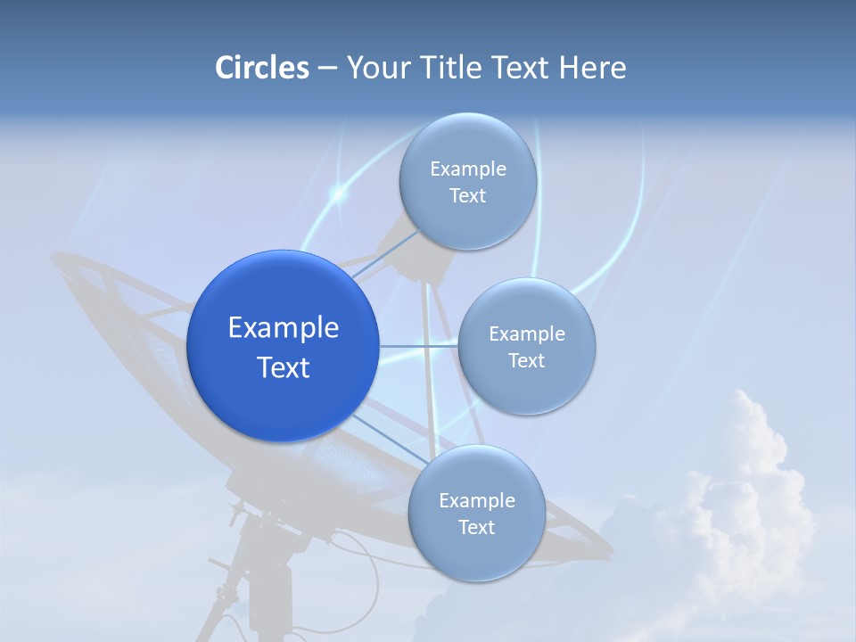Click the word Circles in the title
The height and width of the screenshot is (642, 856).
(x=261, y=68)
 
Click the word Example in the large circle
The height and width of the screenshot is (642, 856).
(x=283, y=328)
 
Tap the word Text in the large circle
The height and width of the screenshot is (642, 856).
(x=283, y=367)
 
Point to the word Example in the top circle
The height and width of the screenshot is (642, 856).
(x=467, y=169)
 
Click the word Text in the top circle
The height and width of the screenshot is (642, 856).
(x=467, y=196)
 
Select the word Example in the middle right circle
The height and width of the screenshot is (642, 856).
(x=527, y=334)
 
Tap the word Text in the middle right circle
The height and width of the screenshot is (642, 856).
(x=527, y=361)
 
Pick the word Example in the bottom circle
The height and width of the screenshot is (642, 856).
(x=476, y=500)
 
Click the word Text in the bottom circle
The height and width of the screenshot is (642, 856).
(x=476, y=528)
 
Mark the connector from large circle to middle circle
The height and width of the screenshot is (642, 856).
(x=418, y=346)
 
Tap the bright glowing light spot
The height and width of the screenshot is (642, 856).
(x=338, y=192)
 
